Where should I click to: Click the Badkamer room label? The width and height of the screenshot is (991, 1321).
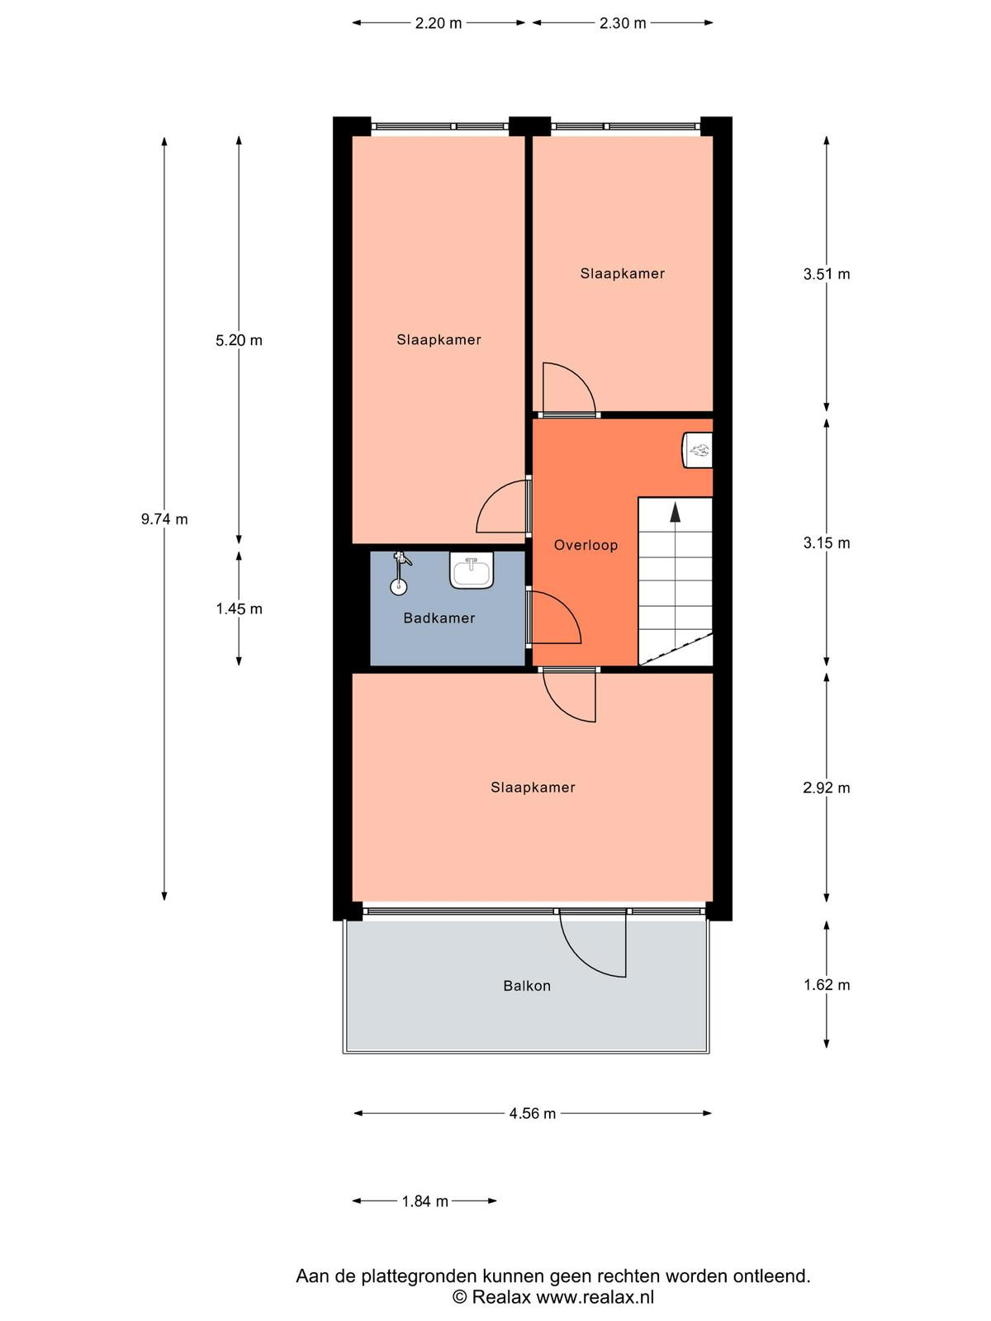point(439,618)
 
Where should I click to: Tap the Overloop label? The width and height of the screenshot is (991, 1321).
point(586,545)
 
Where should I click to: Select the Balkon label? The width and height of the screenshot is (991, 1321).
point(527,986)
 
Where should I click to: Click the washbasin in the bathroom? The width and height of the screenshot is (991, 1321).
point(471,570)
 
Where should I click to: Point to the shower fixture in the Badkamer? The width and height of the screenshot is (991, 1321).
point(400,572)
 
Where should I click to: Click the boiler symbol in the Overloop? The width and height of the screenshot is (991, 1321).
point(697,450)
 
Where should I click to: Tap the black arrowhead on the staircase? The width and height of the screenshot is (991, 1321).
point(675,512)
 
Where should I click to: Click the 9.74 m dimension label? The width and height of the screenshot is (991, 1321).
point(164,518)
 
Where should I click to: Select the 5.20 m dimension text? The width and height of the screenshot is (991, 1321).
point(239,340)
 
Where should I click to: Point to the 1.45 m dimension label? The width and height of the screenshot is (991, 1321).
point(239,608)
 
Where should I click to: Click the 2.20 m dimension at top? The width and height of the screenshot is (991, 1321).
point(438,23)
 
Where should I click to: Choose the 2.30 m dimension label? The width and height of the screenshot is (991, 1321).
point(622,23)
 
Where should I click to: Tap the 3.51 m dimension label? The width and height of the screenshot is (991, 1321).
point(826,274)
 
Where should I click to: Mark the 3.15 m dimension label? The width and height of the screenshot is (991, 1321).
point(826,542)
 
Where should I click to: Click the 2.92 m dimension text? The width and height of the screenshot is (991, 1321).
point(826,787)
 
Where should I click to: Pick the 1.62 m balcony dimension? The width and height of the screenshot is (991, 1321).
point(826,985)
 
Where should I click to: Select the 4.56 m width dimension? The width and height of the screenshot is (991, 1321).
point(533,1114)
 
